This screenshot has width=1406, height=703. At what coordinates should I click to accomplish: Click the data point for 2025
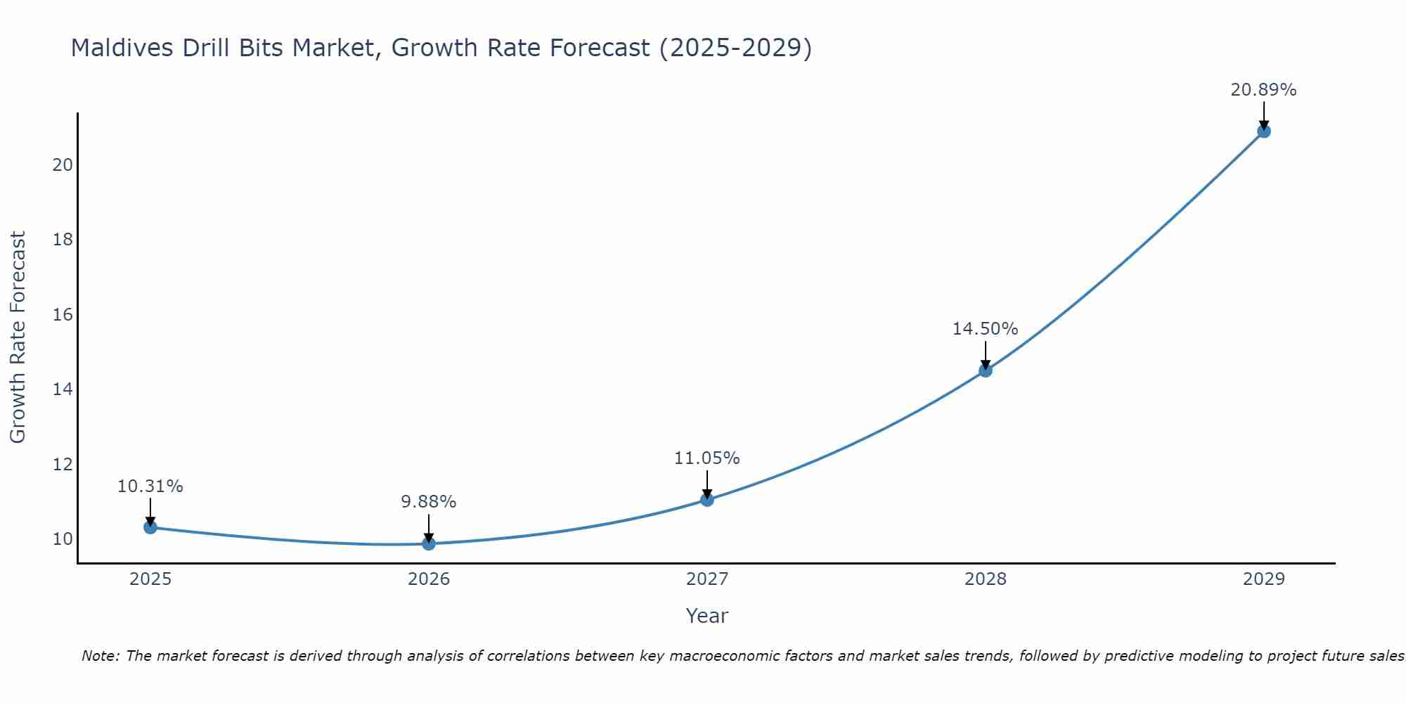click(x=150, y=527)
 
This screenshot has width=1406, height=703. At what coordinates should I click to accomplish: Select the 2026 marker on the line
click(x=429, y=543)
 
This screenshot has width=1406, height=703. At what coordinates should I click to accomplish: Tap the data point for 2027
click(x=707, y=500)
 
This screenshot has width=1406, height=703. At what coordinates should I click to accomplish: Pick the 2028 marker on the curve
click(x=986, y=370)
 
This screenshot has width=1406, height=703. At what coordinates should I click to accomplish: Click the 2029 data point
click(x=1264, y=131)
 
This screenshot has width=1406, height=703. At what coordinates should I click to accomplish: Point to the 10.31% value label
click(x=150, y=486)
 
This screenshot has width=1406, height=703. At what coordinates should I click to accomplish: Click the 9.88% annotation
click(x=429, y=502)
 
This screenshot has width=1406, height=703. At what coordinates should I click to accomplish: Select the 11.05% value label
click(x=707, y=458)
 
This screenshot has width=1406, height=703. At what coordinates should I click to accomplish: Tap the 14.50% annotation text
click(x=986, y=329)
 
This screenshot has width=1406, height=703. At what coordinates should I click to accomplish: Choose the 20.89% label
click(x=1263, y=90)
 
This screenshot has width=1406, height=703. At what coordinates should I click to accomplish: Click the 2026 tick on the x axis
click(x=429, y=579)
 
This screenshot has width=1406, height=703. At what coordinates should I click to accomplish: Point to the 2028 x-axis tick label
click(x=986, y=579)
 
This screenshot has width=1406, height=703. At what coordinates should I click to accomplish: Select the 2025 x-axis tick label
click(x=150, y=579)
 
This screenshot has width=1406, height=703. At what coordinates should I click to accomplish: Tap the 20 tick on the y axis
click(x=63, y=165)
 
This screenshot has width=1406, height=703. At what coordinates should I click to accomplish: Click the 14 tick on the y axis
click(x=63, y=389)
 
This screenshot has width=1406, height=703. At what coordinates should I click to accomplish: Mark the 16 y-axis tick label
click(x=63, y=314)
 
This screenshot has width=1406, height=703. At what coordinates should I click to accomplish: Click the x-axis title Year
click(x=707, y=616)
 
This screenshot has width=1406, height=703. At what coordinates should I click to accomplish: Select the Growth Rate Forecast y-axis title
click(x=18, y=337)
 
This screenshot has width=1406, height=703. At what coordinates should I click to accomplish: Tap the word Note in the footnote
click(x=101, y=657)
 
